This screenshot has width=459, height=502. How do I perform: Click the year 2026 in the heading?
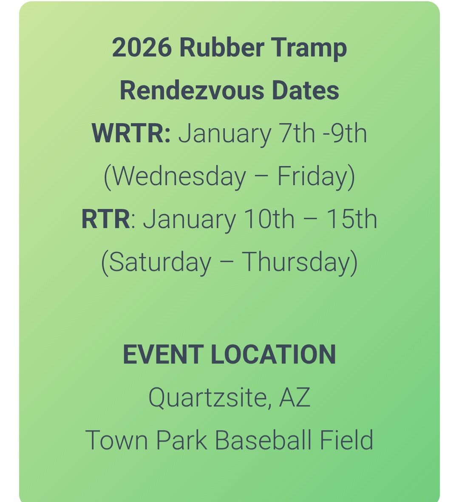point(141,48)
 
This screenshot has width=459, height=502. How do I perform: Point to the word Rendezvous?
point(190,90)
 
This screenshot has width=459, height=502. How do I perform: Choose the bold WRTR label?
point(131,133)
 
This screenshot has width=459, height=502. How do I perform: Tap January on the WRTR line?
point(224,133)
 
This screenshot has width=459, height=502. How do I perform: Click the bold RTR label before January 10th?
point(106,219)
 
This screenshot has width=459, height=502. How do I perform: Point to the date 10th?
point(269,219)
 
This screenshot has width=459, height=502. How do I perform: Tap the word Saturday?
point(160,262)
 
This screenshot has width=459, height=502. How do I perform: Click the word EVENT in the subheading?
point(163,355)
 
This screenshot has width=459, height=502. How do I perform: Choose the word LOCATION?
point(274,355)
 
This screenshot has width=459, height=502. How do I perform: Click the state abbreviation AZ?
point(295,398)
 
